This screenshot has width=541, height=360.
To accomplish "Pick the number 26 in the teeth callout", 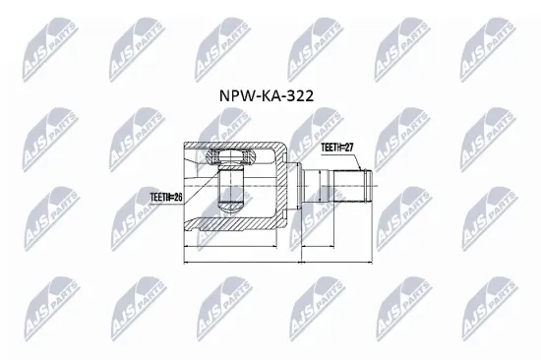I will pyautogui.click(x=178, y=198).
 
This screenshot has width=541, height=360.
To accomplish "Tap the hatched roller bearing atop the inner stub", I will pyautogui.click(x=229, y=156).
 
